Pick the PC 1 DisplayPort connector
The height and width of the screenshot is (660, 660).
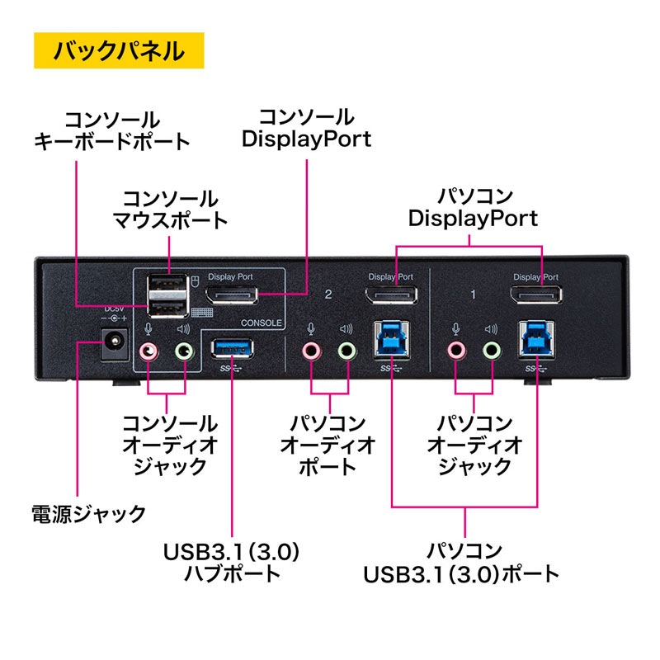[536, 295]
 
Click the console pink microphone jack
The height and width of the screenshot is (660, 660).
[148, 351]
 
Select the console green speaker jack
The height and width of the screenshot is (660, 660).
[185, 351]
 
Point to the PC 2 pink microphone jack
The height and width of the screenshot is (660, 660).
[311, 351]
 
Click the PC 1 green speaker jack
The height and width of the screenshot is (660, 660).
[493, 351]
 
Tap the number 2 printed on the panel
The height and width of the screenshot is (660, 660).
[328, 293]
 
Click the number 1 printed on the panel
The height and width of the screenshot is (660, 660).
[472, 293]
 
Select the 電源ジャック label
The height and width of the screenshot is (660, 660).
[88, 514]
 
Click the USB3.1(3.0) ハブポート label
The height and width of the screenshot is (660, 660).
[233, 561]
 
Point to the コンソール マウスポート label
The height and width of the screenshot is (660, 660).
[170, 210]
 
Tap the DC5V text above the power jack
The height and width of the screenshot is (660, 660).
[112, 309]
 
